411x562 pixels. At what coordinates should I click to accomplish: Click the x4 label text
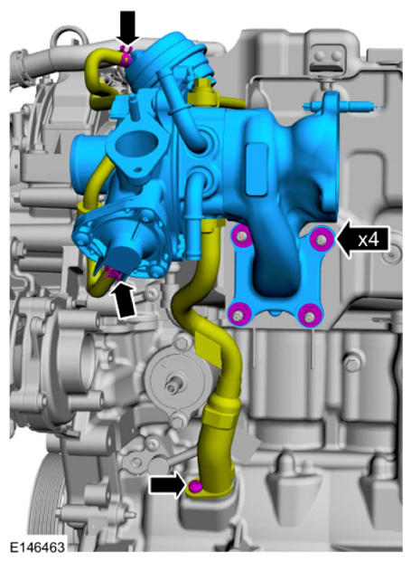(369, 239)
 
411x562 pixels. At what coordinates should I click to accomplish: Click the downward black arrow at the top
(128, 28)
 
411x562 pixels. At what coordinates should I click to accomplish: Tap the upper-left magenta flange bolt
(242, 236)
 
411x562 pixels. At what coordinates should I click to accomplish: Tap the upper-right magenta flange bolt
(322, 238)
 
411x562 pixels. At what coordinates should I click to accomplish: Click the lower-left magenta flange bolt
(238, 315)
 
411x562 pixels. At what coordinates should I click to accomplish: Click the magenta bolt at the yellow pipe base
(194, 486)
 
